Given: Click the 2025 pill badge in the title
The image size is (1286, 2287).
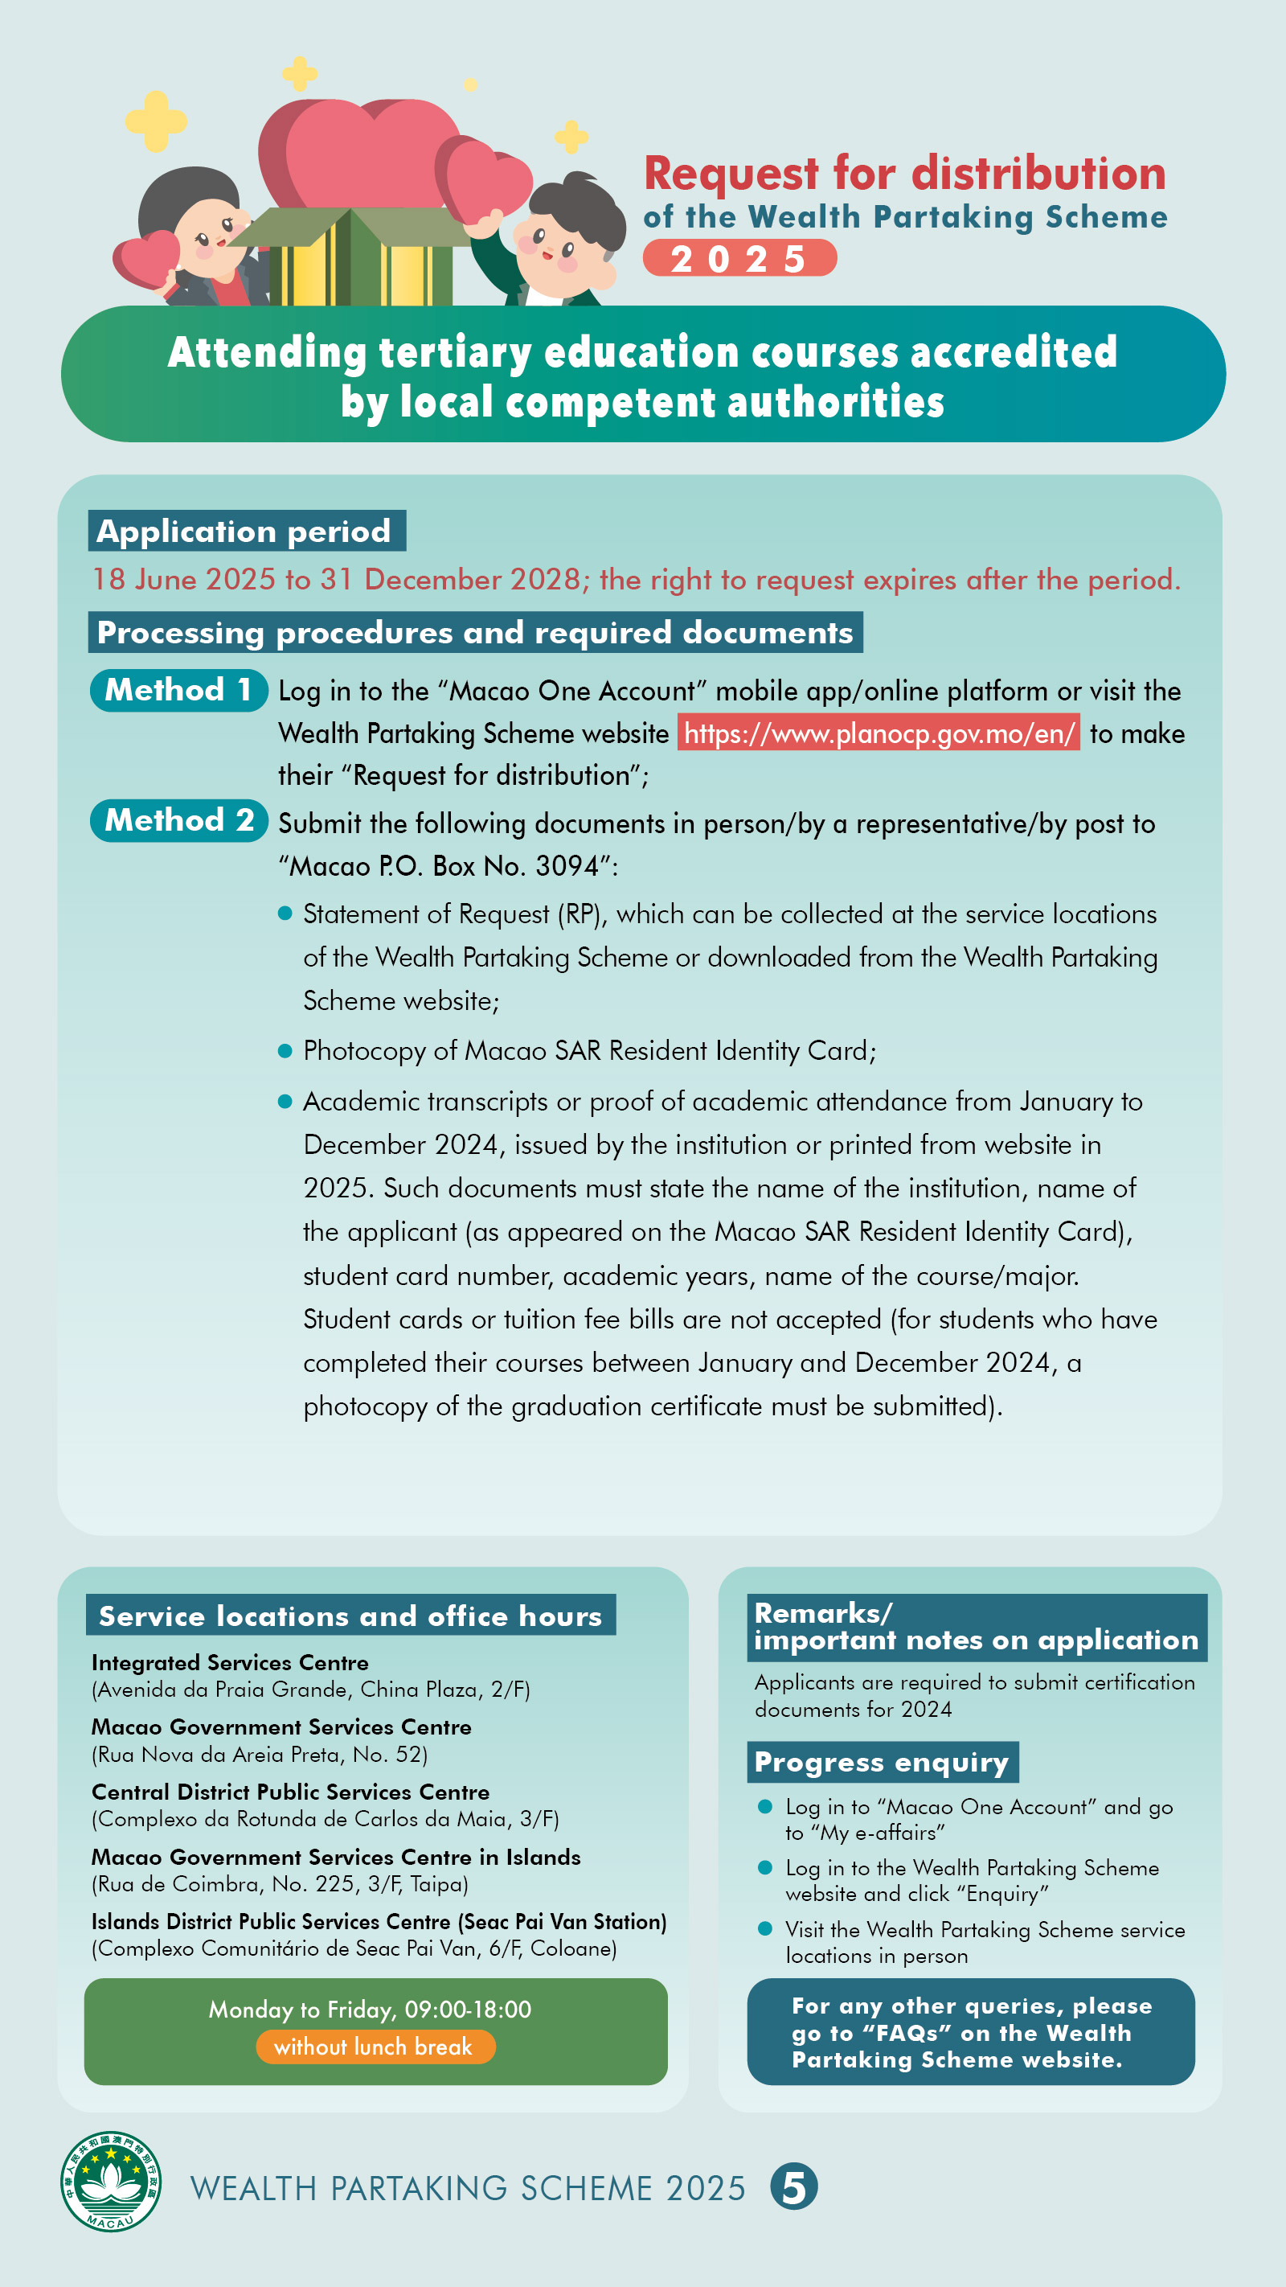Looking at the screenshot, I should pyautogui.click(x=739, y=258).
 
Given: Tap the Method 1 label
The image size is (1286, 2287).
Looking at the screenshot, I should pyautogui.click(x=178, y=690).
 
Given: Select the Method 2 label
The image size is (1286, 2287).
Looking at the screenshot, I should pyautogui.click(x=178, y=820).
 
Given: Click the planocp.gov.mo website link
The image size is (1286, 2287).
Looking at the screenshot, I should pyautogui.click(x=878, y=733).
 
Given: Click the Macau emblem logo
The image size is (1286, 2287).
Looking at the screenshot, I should pyautogui.click(x=111, y=2182).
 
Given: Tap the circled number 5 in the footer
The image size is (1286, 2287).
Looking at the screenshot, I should pyautogui.click(x=793, y=2186).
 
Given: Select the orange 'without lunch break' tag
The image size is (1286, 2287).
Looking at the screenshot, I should pyautogui.click(x=375, y=2047).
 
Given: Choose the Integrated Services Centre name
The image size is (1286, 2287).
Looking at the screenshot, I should pyautogui.click(x=230, y=1663).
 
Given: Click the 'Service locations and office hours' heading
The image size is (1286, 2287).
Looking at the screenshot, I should pyautogui.click(x=350, y=1616).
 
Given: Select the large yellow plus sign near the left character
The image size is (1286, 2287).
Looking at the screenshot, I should pyautogui.click(x=156, y=120).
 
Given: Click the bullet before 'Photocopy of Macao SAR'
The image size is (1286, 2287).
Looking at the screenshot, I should pyautogui.click(x=285, y=1051).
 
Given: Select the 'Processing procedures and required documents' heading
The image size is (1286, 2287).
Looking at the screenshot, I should pyautogui.click(x=475, y=632).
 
